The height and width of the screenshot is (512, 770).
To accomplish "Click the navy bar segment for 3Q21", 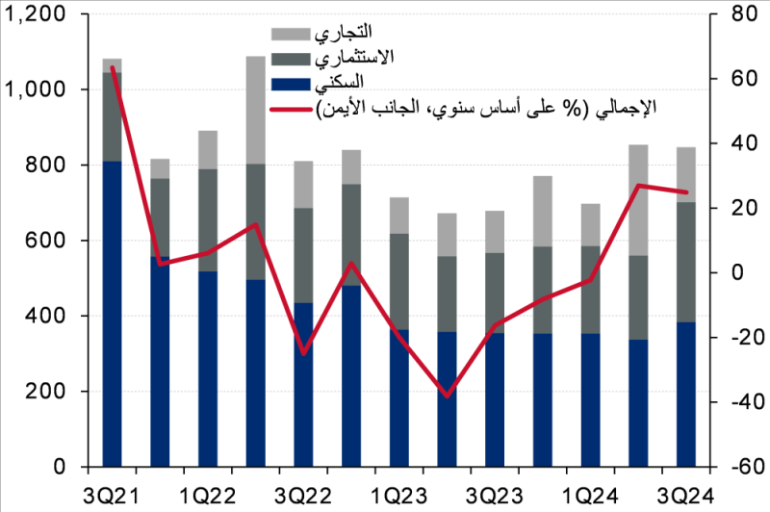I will coord(112,313).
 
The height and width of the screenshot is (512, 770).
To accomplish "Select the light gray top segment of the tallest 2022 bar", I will coord(255,110).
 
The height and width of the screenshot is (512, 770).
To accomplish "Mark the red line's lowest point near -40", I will coord(447,396).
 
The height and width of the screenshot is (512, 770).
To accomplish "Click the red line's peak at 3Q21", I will coord(113,68).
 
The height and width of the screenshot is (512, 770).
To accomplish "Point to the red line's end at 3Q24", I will coord(686,192).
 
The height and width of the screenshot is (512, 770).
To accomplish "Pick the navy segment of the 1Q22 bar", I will coord(207,369).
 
